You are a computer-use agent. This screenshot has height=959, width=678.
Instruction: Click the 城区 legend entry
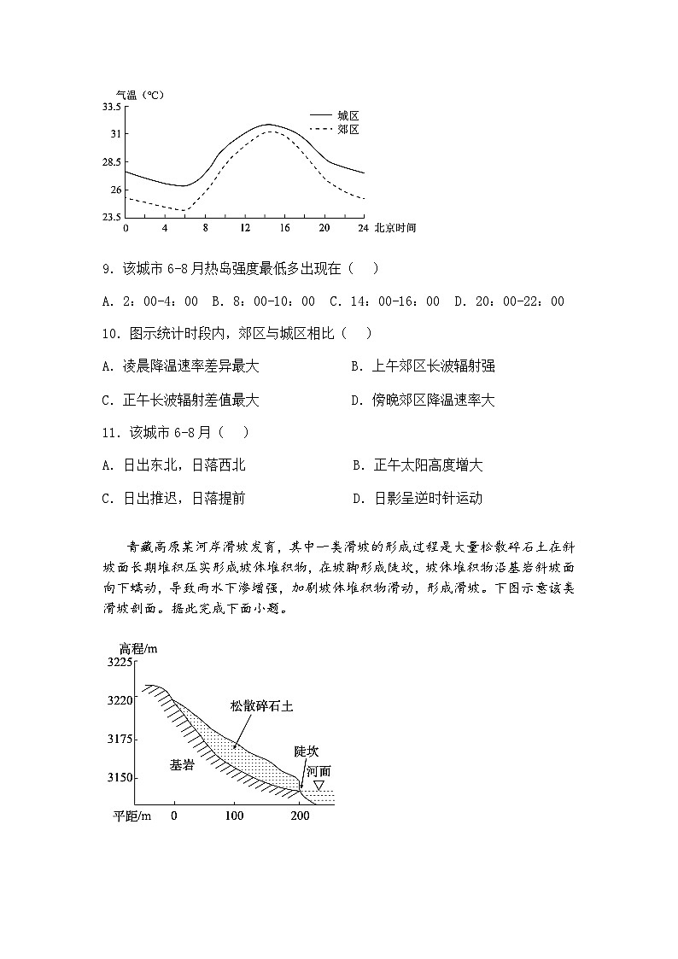[347, 115]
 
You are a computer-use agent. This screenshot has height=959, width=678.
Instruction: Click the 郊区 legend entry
[347, 130]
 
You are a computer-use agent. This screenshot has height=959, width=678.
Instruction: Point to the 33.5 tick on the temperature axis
[111, 107]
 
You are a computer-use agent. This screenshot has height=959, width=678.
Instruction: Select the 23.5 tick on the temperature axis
[111, 218]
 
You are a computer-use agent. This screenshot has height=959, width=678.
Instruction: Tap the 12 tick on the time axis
[245, 229]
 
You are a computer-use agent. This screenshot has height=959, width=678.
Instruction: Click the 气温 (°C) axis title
[139, 94]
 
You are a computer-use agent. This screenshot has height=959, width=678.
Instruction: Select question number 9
[108, 269]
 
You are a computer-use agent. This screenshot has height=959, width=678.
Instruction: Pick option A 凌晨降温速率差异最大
[180, 366]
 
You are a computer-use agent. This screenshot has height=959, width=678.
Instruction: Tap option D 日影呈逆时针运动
[418, 499]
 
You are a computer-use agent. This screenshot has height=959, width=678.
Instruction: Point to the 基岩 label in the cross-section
[182, 765]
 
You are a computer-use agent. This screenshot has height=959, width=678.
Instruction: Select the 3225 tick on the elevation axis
[119, 663]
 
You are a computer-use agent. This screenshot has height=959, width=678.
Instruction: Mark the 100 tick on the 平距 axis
[234, 816]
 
